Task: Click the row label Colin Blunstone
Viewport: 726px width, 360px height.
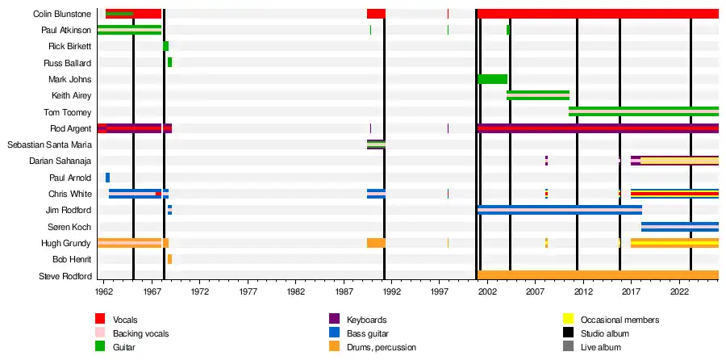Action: coord(62,14)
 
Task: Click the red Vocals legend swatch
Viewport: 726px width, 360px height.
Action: coord(101,320)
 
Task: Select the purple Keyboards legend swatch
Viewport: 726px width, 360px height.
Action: coord(334,320)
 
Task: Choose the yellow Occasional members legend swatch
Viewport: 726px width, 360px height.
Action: coord(568,320)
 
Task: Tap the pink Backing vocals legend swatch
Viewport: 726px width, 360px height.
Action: coord(101,333)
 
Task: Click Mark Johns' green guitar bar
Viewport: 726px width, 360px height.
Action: coord(492,79)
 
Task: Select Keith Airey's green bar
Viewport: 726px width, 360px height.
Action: coord(537,95)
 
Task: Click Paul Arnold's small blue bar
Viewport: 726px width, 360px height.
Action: coord(107,178)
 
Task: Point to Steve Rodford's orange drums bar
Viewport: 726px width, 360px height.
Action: coord(597,276)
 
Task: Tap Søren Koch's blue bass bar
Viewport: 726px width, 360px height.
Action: coord(679,227)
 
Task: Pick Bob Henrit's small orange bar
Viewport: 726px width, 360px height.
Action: coord(169,259)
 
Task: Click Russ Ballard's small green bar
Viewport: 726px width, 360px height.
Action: coord(169,62)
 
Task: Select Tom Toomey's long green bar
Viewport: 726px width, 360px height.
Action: coord(643,111)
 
